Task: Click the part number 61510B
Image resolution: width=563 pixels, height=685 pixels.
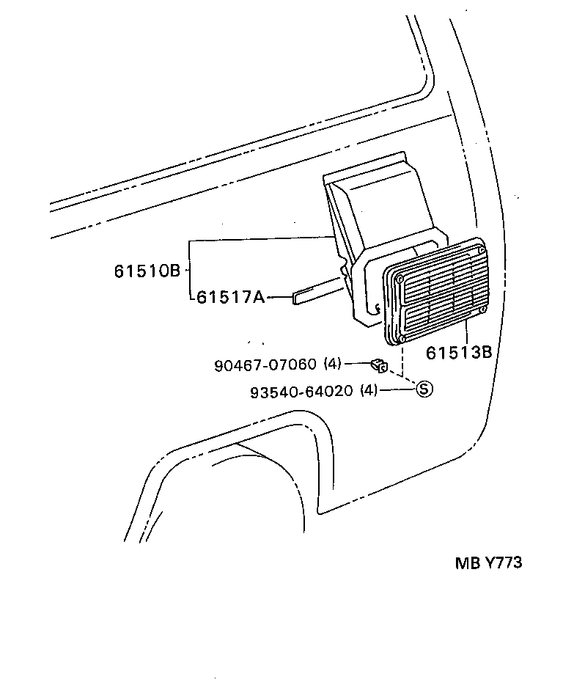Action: coord(147,271)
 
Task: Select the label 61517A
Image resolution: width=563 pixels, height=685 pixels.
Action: coord(230,297)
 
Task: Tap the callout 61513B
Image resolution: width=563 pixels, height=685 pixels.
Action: coord(458,352)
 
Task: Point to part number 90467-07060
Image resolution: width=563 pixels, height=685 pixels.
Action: coord(265,364)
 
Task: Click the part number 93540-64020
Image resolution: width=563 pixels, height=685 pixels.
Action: coord(301,391)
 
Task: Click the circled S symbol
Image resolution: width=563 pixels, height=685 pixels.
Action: coord(424,389)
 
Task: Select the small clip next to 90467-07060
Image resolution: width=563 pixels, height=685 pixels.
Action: coord(379,363)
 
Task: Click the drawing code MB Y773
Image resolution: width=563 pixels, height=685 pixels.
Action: coord(488,563)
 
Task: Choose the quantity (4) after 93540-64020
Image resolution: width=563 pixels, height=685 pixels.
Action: coord(369,391)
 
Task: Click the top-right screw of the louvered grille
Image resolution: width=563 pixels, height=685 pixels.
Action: coord(480,251)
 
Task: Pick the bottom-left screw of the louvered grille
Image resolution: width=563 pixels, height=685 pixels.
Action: coord(402,339)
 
